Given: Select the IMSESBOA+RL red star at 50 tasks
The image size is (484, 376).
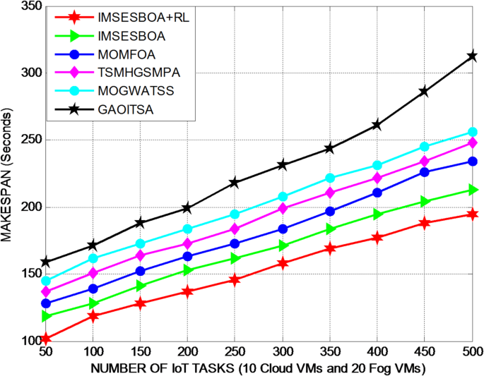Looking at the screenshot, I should pyautogui.click(x=46, y=339).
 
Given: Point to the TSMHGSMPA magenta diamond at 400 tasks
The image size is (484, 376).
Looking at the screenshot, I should pyautogui.click(x=377, y=178).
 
